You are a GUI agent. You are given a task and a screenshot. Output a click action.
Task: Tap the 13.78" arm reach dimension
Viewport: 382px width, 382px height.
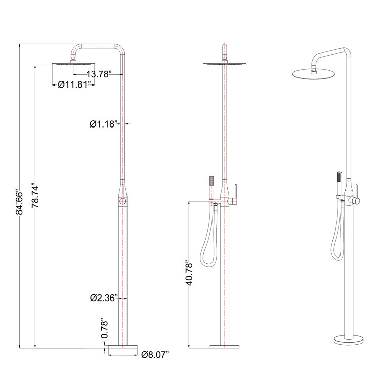99,74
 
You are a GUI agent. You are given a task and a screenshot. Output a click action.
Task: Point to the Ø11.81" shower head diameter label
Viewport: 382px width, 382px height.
74,84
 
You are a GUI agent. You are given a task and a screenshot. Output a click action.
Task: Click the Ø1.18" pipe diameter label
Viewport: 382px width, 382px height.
104,123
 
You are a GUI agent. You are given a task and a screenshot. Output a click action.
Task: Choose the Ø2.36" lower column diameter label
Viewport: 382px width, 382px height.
104,298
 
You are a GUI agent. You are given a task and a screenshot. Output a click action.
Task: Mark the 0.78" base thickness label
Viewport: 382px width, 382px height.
105,328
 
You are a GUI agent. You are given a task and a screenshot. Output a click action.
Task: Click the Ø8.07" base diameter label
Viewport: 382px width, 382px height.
155,354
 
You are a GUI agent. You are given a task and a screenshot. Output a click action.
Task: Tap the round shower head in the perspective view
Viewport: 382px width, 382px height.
314,74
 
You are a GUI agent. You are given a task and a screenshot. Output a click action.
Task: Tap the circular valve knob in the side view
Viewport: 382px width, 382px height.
122,202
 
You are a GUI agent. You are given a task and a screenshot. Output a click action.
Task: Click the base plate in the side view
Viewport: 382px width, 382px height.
122,348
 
